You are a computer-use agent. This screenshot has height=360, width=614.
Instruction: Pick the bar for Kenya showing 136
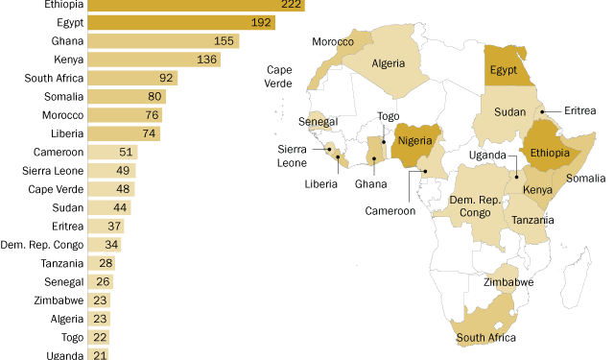[153, 60]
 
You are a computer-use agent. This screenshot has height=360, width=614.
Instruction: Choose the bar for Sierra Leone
[111, 170]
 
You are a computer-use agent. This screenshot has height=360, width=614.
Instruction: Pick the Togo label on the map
[388, 116]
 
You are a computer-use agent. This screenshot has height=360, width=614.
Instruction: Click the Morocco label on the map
[333, 42]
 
